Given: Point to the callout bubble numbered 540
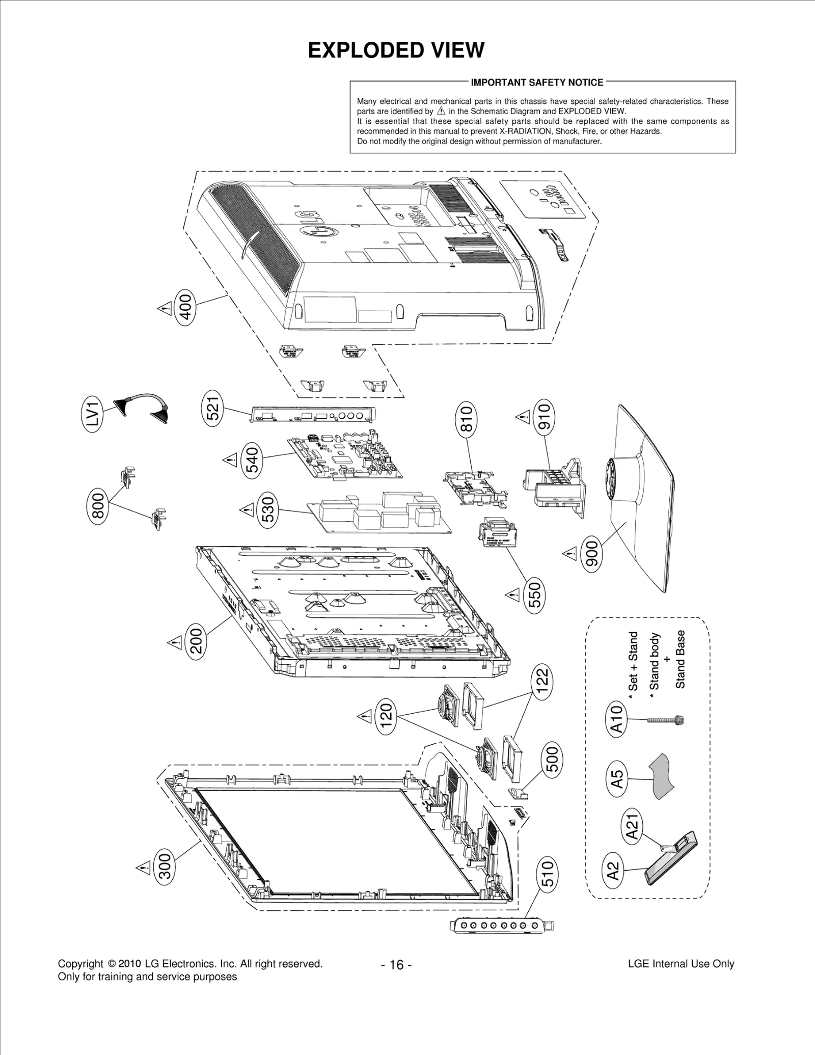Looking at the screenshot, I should [252, 458].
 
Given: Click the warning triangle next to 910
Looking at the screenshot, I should [523, 418].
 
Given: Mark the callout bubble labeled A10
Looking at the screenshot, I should [616, 719].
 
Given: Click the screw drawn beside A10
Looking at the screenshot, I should [665, 720].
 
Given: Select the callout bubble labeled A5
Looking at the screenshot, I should [617, 779].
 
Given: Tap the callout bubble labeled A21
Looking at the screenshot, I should [632, 827].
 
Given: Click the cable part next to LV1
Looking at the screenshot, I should [143, 405].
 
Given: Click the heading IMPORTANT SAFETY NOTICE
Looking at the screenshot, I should [537, 83].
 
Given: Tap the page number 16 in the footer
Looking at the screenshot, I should [396, 964].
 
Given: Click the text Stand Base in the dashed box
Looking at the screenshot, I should [681, 659].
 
